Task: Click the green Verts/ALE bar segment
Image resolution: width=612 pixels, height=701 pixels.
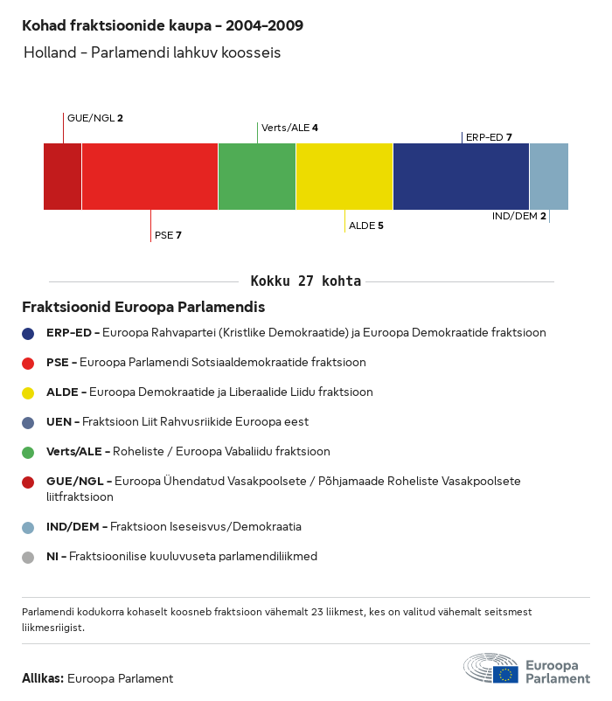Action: click(x=257, y=177)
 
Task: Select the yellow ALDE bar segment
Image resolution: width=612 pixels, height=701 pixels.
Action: click(x=344, y=177)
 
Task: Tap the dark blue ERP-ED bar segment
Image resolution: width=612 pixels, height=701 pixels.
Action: click(x=461, y=177)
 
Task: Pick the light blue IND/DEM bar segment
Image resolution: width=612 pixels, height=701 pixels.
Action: click(x=549, y=177)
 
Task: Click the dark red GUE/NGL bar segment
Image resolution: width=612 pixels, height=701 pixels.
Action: click(x=63, y=177)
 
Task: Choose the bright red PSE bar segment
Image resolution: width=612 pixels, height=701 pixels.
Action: click(x=150, y=177)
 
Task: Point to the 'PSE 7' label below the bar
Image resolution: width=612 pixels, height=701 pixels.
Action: click(x=168, y=235)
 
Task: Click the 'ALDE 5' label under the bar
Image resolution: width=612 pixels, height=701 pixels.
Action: click(x=366, y=226)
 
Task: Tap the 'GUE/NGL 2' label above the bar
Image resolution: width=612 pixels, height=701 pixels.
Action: click(x=94, y=118)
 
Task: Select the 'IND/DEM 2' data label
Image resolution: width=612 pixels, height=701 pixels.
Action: click(x=519, y=216)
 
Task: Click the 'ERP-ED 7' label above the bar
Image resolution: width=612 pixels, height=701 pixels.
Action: click(x=489, y=137)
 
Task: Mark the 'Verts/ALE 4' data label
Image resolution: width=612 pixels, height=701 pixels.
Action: click(x=289, y=128)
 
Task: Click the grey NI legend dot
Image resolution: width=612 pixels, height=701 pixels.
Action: click(x=28, y=558)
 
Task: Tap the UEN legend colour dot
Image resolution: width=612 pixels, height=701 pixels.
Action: click(x=28, y=423)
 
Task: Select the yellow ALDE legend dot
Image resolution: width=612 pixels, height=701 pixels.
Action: click(x=28, y=393)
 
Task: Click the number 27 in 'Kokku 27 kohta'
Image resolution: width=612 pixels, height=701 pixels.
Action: click(x=305, y=281)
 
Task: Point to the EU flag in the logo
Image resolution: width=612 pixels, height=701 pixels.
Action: click(x=505, y=674)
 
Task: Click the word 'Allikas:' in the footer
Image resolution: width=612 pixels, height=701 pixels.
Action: click(x=43, y=678)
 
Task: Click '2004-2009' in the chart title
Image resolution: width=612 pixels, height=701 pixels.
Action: click(x=264, y=25)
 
